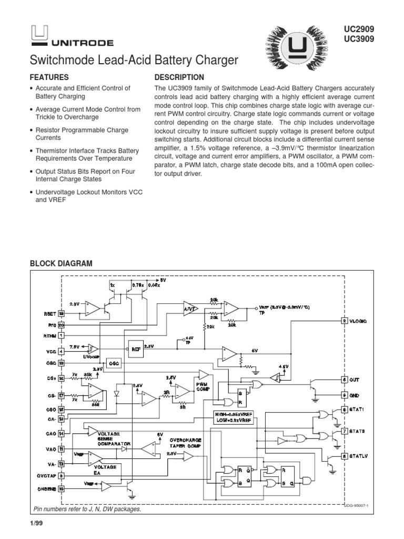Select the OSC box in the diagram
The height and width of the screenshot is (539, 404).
113,364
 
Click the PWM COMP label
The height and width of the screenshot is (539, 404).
203,387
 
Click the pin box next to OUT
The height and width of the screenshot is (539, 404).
344,379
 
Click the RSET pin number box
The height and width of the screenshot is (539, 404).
61,313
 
